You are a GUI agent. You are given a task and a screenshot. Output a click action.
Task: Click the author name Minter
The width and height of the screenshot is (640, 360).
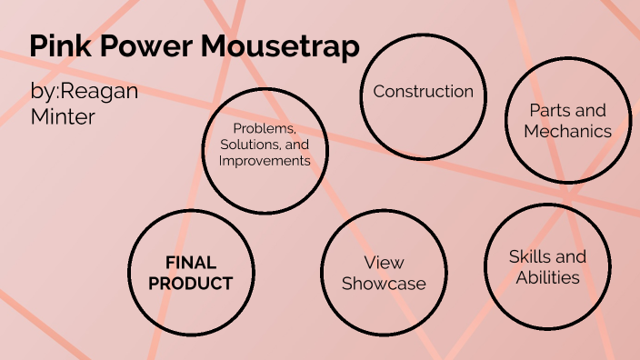tap(63, 117)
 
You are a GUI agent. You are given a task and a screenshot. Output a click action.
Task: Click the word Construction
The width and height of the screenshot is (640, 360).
tap(423, 92)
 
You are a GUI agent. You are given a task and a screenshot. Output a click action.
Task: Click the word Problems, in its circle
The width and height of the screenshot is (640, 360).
tap(265, 128)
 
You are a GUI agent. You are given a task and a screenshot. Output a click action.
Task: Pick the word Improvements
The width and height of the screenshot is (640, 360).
tap(265, 161)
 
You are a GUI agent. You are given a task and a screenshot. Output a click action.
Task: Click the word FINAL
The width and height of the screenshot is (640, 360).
tap(191, 263)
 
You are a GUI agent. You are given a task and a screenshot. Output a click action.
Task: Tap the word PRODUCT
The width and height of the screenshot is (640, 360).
tap(191, 283)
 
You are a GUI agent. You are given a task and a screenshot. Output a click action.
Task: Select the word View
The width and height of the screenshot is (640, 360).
tap(384, 263)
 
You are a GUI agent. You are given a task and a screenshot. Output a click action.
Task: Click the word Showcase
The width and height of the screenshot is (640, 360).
tap(384, 284)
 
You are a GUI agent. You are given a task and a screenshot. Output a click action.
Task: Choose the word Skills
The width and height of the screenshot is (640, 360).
tap(532, 256)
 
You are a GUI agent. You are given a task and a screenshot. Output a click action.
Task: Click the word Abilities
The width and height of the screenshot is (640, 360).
tap(548, 277)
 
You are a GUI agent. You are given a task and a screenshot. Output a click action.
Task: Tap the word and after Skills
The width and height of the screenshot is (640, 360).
tap(572, 256)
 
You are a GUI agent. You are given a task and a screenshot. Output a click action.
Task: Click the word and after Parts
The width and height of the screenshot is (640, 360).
tap(591, 111)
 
